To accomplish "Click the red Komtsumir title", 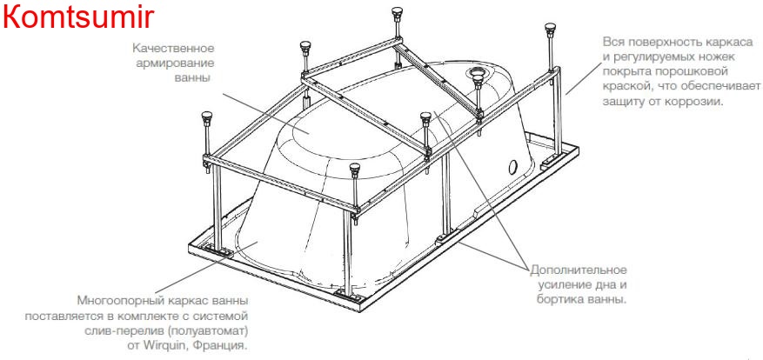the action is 78,17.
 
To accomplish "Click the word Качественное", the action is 173,49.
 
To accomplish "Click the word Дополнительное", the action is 579,270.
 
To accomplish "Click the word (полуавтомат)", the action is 211,330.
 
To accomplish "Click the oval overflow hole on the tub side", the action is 512,167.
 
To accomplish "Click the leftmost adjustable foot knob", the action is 207,117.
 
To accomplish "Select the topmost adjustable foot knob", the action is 397,12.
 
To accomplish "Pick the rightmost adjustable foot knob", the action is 551,28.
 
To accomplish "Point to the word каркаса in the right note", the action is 741,42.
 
